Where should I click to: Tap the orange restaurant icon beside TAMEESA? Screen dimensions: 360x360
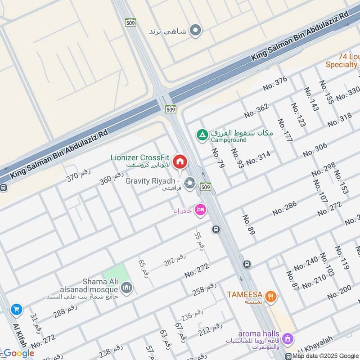point(270,296)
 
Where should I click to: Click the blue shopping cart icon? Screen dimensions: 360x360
point(17,309)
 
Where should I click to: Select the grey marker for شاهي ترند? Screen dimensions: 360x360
point(195,31)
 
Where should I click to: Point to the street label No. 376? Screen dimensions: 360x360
point(274,86)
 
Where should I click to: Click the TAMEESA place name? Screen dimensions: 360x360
point(245,295)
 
